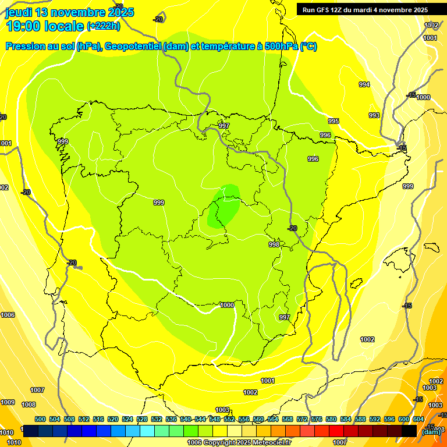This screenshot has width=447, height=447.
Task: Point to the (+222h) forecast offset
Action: [x=104, y=26]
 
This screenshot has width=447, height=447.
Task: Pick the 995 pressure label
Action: [x=334, y=121]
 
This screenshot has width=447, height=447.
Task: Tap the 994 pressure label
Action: [x=364, y=84]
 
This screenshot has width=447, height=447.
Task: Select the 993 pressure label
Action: [x=374, y=115]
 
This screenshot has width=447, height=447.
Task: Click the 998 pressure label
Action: [x=274, y=244]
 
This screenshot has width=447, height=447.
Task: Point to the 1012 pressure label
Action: [x=431, y=25]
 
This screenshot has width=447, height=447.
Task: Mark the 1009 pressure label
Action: [x=8, y=402]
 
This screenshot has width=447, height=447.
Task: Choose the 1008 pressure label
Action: [x=29, y=405]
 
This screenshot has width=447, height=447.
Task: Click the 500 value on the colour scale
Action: [x=40, y=419]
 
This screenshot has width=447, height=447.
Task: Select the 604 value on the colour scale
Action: [x=418, y=419]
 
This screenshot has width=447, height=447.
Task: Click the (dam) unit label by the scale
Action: [x=431, y=431]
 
